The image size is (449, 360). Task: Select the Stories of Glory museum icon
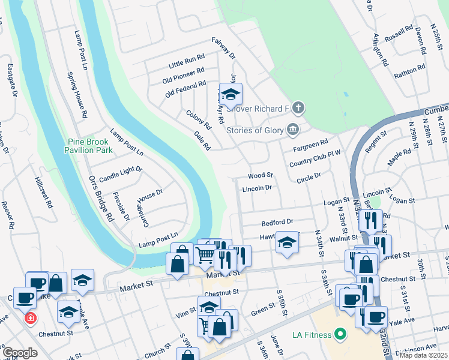pyautogui.click(x=293, y=128)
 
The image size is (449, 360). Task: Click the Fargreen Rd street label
pyautogui.click(x=310, y=145)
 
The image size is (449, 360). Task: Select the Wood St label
pyautogui.click(x=261, y=176)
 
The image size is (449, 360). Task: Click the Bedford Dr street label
pyautogui.click(x=277, y=222)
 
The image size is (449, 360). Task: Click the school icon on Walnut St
pyautogui.click(x=288, y=243)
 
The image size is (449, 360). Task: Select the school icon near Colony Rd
pyautogui.click(x=230, y=94)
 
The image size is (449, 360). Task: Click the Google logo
pyautogui.click(x=20, y=353)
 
